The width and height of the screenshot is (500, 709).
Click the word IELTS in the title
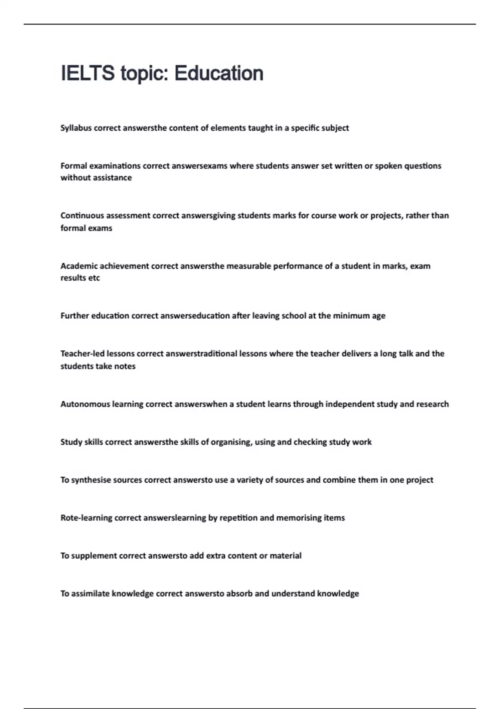point(87,73)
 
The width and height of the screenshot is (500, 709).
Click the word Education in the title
point(219,73)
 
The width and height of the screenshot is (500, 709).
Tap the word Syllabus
point(76,128)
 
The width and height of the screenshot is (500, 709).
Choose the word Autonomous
point(85,404)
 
